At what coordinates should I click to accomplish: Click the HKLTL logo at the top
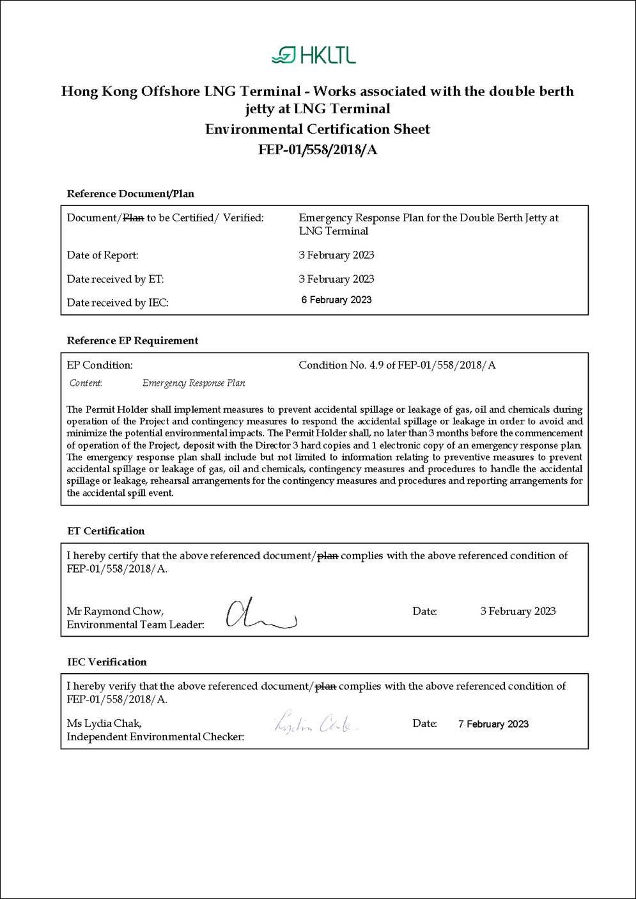pos(313,55)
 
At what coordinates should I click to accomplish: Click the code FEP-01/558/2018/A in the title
pos(318,150)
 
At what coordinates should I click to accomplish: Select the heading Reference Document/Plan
pos(130,194)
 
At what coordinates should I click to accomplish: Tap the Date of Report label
pos(102,255)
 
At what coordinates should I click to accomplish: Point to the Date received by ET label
pos(115,279)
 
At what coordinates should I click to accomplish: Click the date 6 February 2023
pos(336,300)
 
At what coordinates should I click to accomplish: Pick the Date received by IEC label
pos(118,303)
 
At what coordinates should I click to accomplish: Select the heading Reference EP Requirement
pos(132,340)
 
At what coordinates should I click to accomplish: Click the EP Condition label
pos(100,365)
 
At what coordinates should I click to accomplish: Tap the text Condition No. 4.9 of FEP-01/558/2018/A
pos(397,365)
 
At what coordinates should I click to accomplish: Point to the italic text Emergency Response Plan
pos(194,383)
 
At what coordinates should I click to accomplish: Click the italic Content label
pos(86,383)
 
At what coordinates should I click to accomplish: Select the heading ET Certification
pos(106,531)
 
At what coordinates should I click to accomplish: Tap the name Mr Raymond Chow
pos(115,611)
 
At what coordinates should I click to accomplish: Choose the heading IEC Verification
pos(107,662)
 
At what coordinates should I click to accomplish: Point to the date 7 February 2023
pos(493,724)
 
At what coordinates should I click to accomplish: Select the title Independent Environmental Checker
pos(155,737)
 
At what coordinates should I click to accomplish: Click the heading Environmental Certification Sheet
pos(318,129)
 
